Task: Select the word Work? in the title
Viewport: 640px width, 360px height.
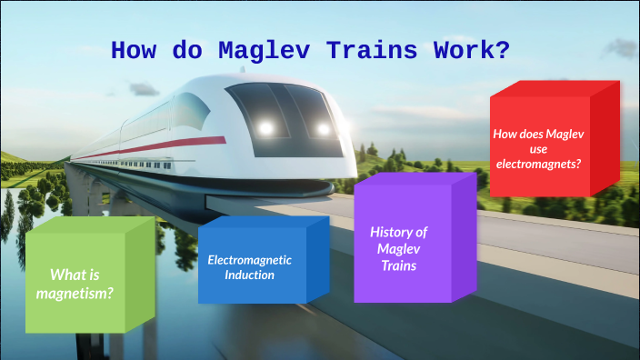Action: tap(477, 51)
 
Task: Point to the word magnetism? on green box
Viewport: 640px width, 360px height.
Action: tap(75, 293)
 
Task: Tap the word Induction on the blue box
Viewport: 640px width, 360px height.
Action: tap(250, 275)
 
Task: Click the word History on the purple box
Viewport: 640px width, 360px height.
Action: tap(398, 232)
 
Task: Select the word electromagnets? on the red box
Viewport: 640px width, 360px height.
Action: tap(538, 165)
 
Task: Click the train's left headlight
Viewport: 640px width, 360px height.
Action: tap(266, 128)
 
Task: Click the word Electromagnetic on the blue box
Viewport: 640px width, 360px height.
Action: tap(250, 259)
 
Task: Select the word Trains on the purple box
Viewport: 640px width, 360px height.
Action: tap(398, 265)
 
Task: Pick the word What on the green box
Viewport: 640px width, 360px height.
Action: tap(70, 275)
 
